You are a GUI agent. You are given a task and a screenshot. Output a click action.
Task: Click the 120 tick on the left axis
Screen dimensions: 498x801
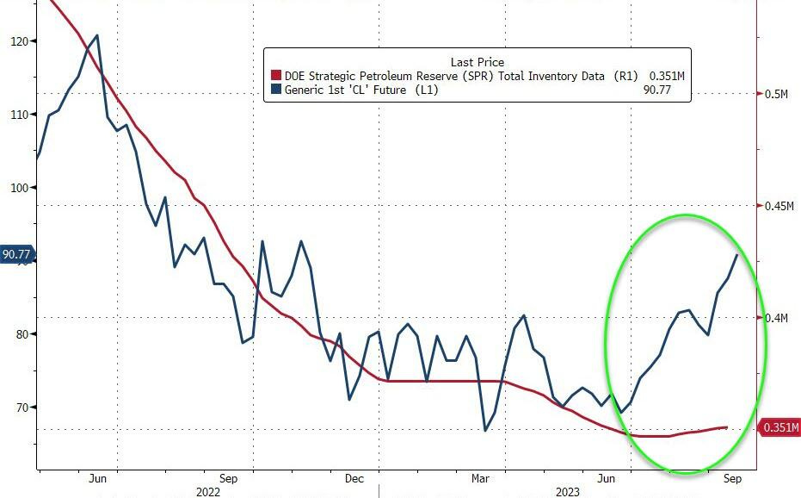coord(19,40)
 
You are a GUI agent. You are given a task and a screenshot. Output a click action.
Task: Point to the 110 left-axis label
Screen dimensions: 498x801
coord(19,114)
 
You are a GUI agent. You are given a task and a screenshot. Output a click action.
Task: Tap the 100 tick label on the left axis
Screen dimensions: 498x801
coord(19,187)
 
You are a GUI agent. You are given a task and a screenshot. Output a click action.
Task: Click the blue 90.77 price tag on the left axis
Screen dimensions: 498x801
coord(17,254)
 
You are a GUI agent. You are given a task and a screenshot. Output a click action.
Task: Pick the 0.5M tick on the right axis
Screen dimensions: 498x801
coord(777,94)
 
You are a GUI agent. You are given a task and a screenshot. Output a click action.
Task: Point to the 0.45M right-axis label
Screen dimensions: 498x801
coord(779,205)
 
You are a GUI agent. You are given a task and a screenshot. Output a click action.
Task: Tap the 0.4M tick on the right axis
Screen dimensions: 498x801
coord(777,318)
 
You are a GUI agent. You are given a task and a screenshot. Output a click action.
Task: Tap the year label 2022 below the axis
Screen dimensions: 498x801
coord(207,492)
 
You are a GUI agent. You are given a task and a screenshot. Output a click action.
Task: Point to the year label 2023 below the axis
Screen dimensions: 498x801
coord(566,492)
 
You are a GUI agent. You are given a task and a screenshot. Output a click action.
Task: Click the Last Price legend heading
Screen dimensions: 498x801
coord(478,62)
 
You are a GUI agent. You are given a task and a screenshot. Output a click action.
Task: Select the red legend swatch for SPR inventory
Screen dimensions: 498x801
coord(276,77)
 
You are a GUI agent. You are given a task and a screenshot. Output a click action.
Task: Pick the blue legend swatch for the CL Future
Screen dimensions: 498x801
coord(276,90)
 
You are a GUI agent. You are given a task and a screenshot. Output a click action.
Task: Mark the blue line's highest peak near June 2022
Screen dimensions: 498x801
coord(96,35)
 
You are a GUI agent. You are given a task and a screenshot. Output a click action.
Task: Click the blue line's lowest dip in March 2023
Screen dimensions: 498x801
coord(485,431)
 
